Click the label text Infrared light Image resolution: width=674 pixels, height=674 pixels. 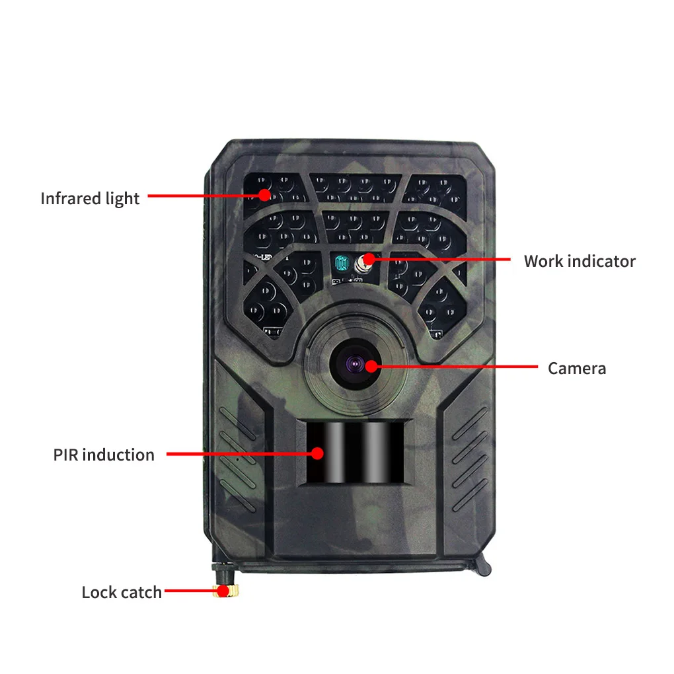point(90,198)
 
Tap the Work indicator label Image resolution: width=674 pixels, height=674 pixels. point(579,261)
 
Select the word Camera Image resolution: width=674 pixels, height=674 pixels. point(576,368)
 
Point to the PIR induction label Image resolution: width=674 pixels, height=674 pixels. point(104,455)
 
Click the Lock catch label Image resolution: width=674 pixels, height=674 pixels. point(122,592)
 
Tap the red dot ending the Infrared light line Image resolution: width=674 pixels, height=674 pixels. point(264,195)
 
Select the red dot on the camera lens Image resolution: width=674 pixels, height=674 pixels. point(371,365)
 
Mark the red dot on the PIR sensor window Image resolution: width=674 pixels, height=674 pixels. point(318,453)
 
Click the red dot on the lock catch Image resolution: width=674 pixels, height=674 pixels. point(224,591)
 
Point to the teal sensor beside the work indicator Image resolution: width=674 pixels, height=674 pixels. point(341,264)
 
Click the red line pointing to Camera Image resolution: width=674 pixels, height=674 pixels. point(456,366)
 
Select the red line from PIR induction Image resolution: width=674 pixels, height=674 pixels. point(238,454)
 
